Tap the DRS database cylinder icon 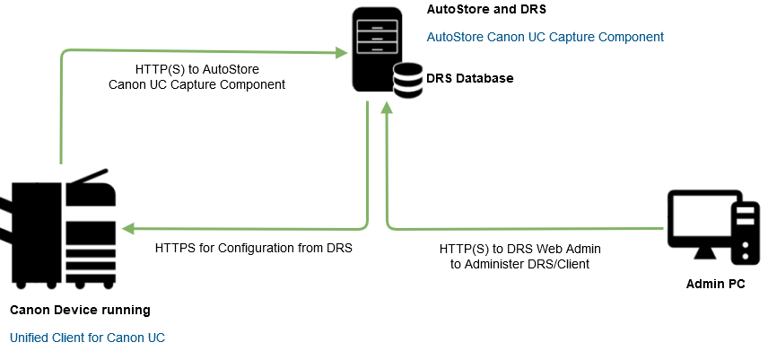pyautogui.click(x=407, y=81)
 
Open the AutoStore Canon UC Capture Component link pyautogui.click(x=545, y=37)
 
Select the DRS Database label pyautogui.click(x=470, y=78)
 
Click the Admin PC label pyautogui.click(x=716, y=285)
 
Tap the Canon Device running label pyautogui.click(x=80, y=310)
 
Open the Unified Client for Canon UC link pyautogui.click(x=87, y=338)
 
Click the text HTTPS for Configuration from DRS pyautogui.click(x=253, y=247)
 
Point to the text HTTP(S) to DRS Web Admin pyautogui.click(x=519, y=247)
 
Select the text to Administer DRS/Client pyautogui.click(x=519, y=264)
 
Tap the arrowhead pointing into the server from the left pyautogui.click(x=343, y=53)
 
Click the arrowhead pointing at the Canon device pyautogui.click(x=127, y=228)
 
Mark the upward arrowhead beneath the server pyautogui.click(x=387, y=107)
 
